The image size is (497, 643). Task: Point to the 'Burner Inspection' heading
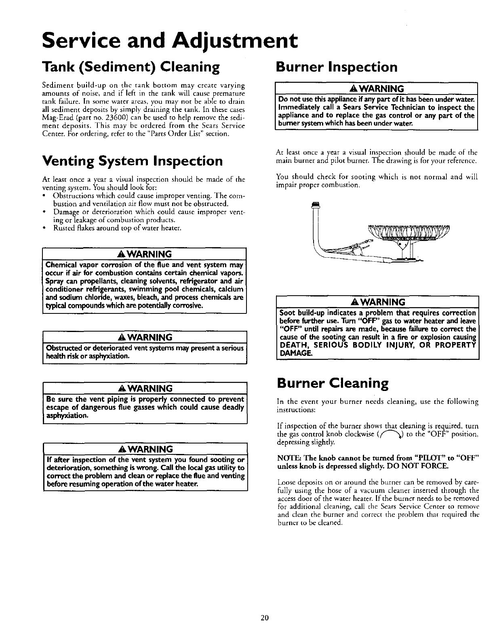tap(336, 67)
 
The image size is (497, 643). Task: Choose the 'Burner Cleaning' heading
tap(333, 383)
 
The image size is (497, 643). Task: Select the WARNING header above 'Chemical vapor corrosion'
tap(144, 254)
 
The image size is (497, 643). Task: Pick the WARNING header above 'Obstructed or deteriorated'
tap(144, 337)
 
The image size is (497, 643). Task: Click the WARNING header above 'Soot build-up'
tap(377, 302)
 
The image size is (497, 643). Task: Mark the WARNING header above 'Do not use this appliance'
tap(376, 88)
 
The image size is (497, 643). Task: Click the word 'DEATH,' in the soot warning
tap(294, 345)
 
